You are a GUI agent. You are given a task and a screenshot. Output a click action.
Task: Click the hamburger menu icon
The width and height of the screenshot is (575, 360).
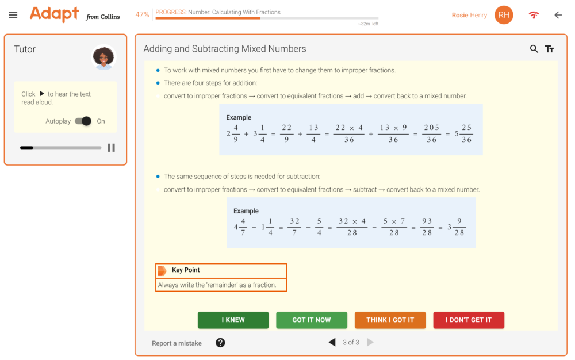(13, 15)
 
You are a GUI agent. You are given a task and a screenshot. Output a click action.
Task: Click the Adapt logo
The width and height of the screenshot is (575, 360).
(55, 14)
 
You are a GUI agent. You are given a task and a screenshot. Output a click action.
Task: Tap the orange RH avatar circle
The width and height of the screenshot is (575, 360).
(504, 15)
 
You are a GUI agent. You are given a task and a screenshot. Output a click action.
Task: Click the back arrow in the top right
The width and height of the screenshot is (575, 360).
(558, 15)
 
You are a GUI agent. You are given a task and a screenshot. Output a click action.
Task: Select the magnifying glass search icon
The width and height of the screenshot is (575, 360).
(534, 49)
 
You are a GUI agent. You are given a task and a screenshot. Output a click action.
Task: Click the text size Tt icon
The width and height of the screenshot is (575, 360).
(550, 49)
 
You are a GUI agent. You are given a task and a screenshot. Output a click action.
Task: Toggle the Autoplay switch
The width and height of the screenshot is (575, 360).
(83, 121)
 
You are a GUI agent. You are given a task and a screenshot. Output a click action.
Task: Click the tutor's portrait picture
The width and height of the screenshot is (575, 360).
(103, 58)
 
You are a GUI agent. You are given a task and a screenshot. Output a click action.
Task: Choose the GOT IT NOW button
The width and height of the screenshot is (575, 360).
(312, 320)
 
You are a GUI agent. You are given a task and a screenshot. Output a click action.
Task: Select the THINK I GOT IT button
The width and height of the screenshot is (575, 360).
(390, 320)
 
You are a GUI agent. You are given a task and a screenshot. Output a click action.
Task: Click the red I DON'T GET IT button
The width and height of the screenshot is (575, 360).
(469, 320)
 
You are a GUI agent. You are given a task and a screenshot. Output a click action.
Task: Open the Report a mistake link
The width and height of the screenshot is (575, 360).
(177, 343)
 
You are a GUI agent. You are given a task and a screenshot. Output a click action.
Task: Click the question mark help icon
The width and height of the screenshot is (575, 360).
(220, 343)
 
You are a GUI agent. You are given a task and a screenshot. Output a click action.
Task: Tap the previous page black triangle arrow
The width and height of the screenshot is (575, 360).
(332, 343)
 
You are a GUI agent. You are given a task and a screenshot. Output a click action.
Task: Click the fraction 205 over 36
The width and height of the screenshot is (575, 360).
(431, 134)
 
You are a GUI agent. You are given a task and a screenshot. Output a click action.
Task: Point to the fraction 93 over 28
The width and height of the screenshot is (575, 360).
(427, 227)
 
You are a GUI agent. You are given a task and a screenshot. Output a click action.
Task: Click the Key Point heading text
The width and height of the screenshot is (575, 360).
(186, 270)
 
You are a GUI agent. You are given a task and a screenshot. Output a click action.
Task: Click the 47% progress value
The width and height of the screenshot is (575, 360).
(142, 14)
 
